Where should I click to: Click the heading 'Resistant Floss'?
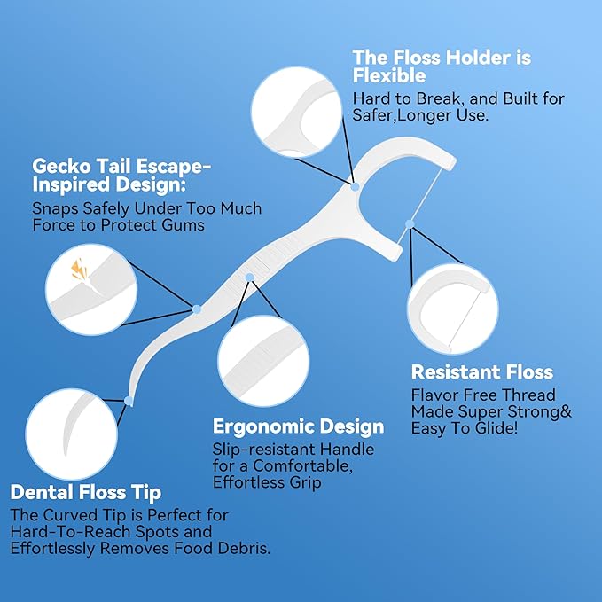[482, 372]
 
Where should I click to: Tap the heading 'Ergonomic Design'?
[298, 427]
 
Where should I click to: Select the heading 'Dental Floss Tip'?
[86, 493]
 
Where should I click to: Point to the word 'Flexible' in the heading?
[389, 75]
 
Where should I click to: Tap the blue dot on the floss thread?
[410, 224]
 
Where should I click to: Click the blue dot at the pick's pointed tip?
[129, 402]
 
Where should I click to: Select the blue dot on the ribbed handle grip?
[249, 278]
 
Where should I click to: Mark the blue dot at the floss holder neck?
[356, 187]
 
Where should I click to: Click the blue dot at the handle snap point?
[197, 309]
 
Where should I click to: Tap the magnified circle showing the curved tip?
[72, 434]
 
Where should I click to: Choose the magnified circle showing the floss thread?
[453, 309]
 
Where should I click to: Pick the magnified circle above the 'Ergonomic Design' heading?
[263, 361]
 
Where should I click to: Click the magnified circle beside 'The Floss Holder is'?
[297, 112]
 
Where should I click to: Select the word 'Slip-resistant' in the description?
[264, 450]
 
